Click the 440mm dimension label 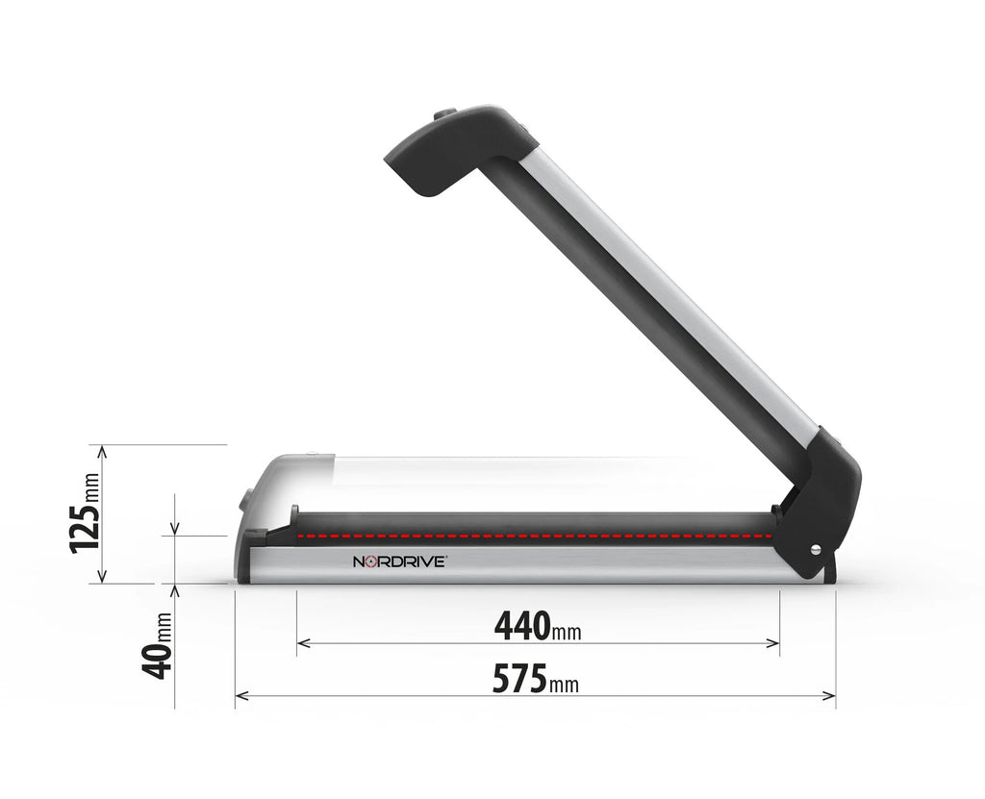click(537, 626)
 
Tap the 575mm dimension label click(535, 679)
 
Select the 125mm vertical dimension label click(85, 513)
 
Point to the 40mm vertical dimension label click(158, 645)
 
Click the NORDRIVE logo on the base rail click(398, 562)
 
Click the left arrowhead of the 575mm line click(240, 695)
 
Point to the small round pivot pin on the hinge click(817, 549)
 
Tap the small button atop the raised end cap click(444, 114)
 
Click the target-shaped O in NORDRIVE click(371, 562)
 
